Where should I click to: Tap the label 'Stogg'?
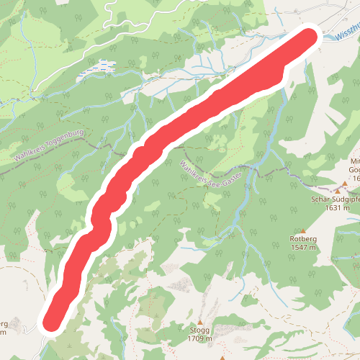[200, 330]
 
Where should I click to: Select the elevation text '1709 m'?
[200, 338]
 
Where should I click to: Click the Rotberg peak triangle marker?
[303, 230]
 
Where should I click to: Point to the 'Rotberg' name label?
[303, 239]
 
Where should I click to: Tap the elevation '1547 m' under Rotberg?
[303, 248]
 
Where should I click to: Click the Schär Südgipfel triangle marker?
[323, 189]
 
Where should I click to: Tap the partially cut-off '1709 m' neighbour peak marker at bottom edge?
[223, 357]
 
